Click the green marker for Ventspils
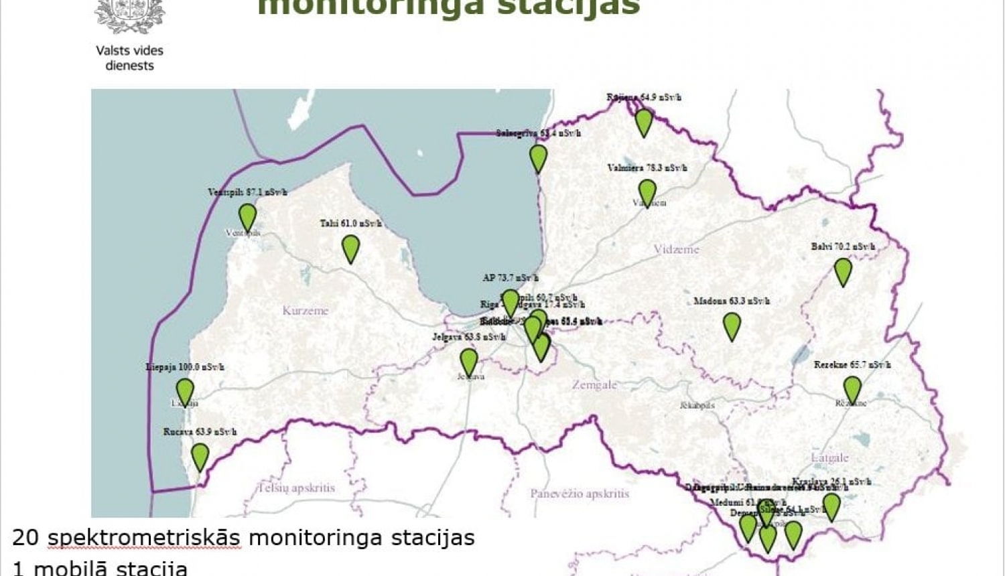[x=247, y=217]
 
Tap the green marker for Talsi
[x=350, y=248]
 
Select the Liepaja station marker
[x=185, y=392]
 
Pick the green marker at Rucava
[x=200, y=456]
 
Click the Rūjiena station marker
[x=643, y=122]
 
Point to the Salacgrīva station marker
[x=538, y=158]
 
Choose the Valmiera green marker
[x=647, y=192]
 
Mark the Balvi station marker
[x=843, y=271]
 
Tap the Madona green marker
[x=732, y=326]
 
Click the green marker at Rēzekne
[x=852, y=389]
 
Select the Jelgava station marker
[x=469, y=362]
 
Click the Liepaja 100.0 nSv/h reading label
[x=185, y=367]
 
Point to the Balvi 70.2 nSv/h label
[x=843, y=246]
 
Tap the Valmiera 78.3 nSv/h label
[x=647, y=168]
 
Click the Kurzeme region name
[x=306, y=311]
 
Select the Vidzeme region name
[x=676, y=249]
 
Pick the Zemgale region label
[x=594, y=385]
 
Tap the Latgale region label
[x=829, y=458]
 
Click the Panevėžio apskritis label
[x=580, y=494]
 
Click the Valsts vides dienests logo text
[x=129, y=58]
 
